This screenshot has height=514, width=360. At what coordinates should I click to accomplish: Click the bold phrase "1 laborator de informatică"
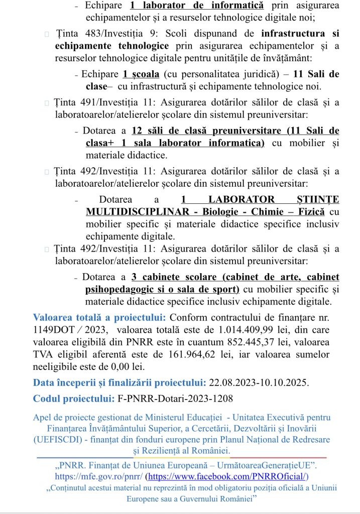(196, 6)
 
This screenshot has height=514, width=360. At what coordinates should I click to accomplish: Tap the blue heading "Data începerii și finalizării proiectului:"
(119, 382)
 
